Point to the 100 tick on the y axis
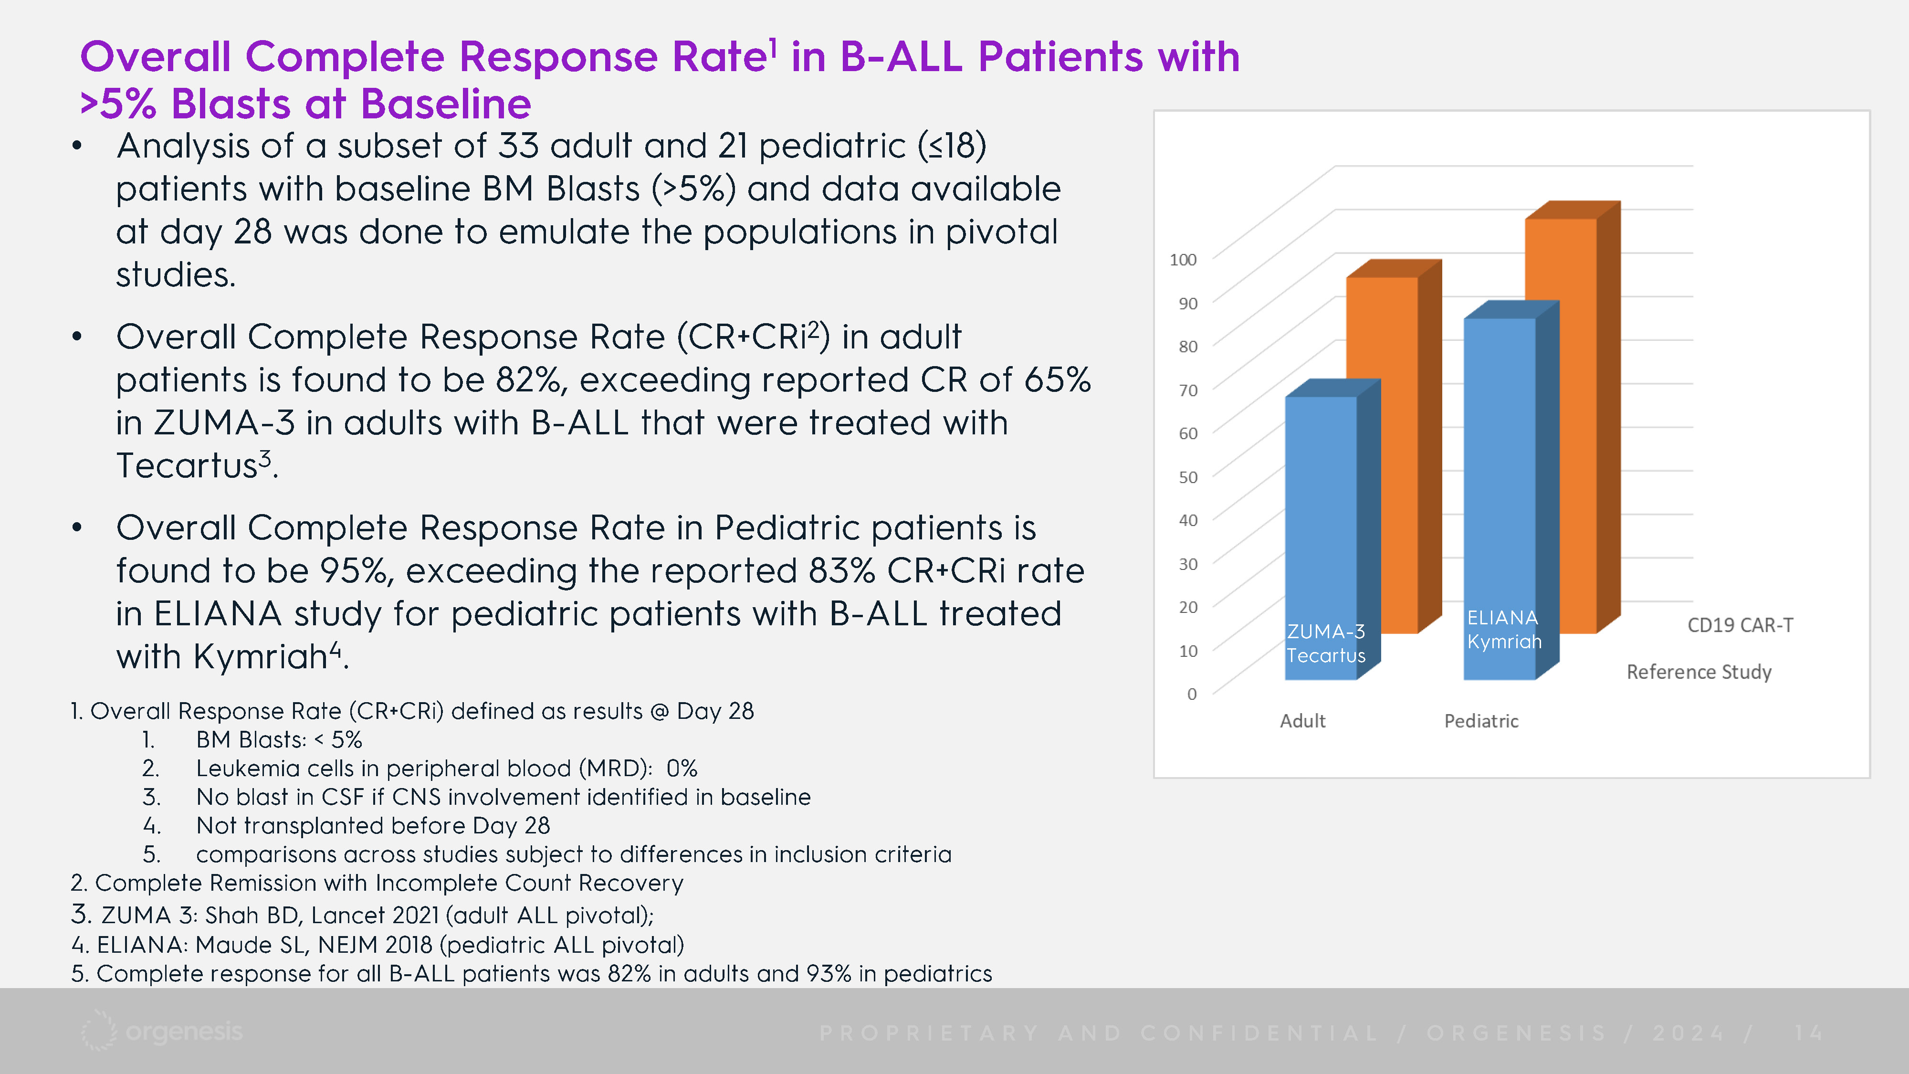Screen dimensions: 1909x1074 1183,259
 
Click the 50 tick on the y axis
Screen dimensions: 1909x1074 1188,476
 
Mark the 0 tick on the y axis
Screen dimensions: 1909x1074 1192,694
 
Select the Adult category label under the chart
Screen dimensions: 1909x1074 1303,720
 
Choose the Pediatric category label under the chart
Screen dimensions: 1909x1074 1481,720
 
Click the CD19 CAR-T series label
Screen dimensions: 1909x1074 1740,625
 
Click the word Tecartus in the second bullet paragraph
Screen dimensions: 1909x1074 187,465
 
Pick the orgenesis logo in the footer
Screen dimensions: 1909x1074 162,1031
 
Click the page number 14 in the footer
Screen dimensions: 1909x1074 1808,1032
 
